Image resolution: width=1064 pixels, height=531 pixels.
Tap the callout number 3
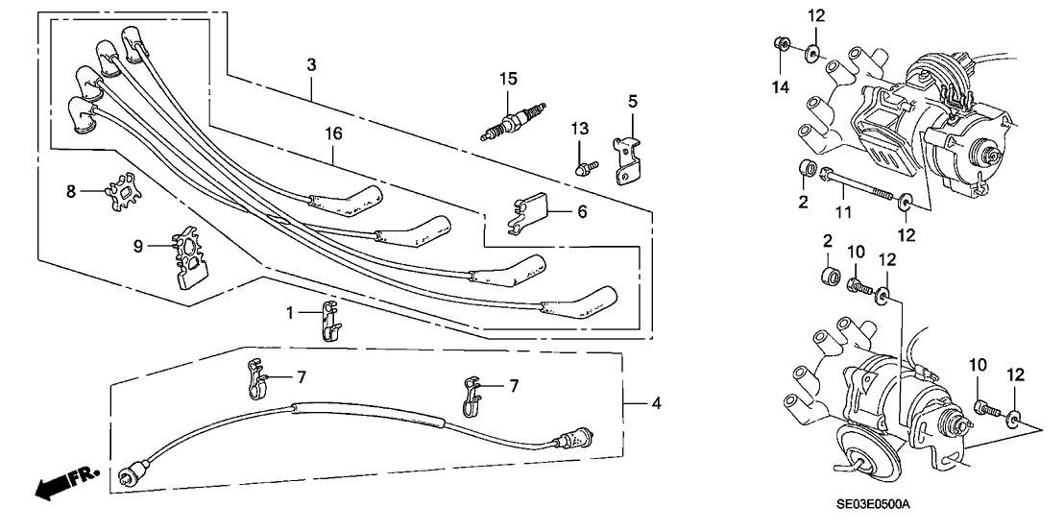point(311,64)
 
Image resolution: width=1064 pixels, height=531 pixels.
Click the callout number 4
point(656,403)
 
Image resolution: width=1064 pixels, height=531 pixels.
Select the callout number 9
point(139,247)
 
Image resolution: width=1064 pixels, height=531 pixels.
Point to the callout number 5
point(633,99)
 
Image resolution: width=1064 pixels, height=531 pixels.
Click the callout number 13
point(578,130)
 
